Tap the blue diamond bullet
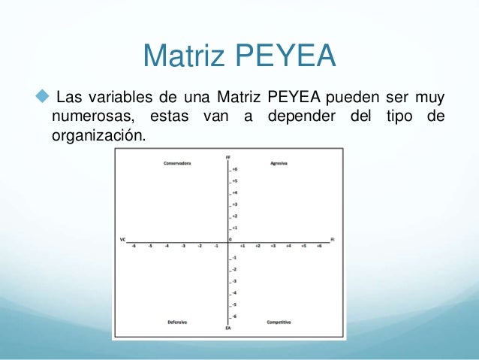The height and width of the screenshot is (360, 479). [x=41, y=97]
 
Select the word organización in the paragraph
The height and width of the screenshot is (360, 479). [x=97, y=136]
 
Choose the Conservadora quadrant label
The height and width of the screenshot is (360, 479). [x=177, y=163]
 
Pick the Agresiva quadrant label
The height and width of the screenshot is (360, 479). [x=279, y=163]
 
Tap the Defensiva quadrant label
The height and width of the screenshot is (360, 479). [x=177, y=322]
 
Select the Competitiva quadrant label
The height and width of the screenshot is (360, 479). [x=279, y=322]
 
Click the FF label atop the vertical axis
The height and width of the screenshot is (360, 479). [x=228, y=156]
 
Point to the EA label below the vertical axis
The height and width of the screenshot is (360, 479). [x=228, y=328]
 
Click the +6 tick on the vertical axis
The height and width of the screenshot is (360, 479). [x=234, y=170]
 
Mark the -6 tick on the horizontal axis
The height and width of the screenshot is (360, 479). [x=134, y=246]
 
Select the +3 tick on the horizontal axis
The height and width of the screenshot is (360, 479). [x=273, y=246]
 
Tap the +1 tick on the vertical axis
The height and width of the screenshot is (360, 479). [x=234, y=227]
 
